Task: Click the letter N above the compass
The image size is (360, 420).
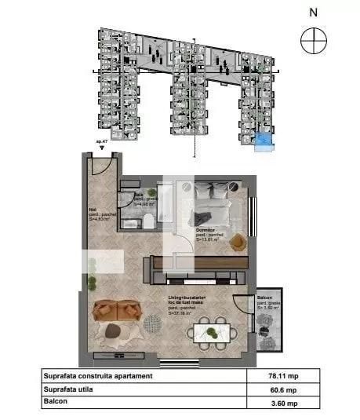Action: click(x=313, y=12)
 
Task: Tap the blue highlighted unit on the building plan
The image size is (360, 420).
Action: click(x=266, y=141)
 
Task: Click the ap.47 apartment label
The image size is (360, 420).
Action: click(x=101, y=141)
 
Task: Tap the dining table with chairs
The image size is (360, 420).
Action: click(x=210, y=332)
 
